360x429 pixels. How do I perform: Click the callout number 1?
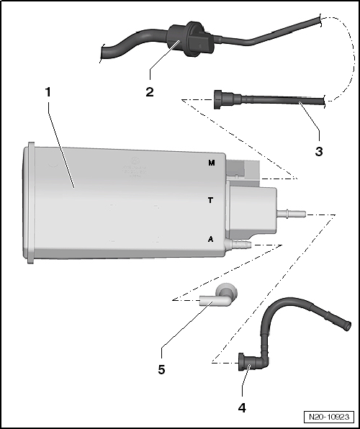48,93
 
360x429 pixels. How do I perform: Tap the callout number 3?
318,152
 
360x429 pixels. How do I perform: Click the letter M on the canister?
211,163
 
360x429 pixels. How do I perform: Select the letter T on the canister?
210,201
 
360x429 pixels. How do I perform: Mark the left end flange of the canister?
29,200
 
